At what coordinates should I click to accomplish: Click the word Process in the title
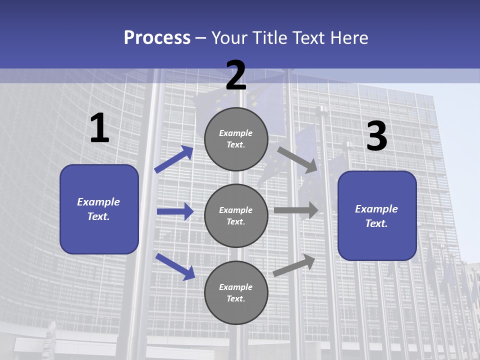pyautogui.click(x=157, y=38)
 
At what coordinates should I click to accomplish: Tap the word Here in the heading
pyautogui.click(x=348, y=38)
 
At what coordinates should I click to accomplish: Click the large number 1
pyautogui.click(x=99, y=129)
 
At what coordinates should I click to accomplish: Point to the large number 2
pyautogui.click(x=236, y=76)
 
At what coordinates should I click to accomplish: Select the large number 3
pyautogui.click(x=376, y=137)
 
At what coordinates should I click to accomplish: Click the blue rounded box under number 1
pyautogui.click(x=99, y=209)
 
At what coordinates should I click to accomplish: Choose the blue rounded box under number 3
pyautogui.click(x=377, y=216)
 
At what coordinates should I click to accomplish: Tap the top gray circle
pyautogui.click(x=236, y=139)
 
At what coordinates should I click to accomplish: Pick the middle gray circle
pyautogui.click(x=236, y=215)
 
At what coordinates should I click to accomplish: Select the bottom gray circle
pyautogui.click(x=236, y=292)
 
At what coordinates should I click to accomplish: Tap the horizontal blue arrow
pyautogui.click(x=175, y=211)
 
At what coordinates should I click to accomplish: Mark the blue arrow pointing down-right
pyautogui.click(x=175, y=266)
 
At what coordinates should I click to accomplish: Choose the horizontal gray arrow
pyautogui.click(x=296, y=210)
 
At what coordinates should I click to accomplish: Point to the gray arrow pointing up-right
pyautogui.click(x=294, y=265)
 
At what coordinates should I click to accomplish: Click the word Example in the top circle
pyautogui.click(x=236, y=133)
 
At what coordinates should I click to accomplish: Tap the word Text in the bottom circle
pyautogui.click(x=235, y=298)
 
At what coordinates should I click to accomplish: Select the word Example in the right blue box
pyautogui.click(x=376, y=209)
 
